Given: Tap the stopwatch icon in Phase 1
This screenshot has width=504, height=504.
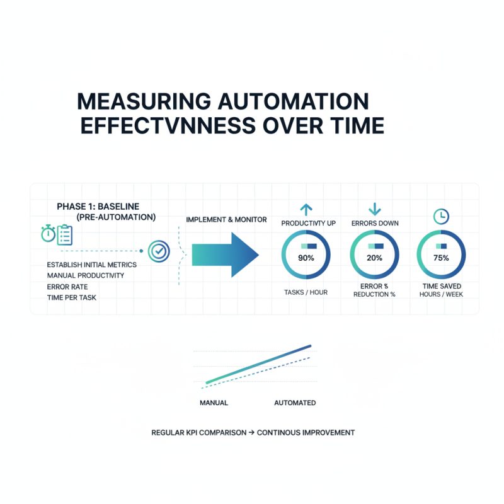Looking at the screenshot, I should (48, 234).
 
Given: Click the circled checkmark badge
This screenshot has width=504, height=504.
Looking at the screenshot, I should (158, 251).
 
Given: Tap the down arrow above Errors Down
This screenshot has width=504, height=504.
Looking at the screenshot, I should (374, 209).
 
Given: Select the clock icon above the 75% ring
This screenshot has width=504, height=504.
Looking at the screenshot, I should (441, 216).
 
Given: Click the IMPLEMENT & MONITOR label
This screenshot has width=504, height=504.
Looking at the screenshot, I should (226, 219).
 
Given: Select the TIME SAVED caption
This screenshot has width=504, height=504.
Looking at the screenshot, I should (441, 286).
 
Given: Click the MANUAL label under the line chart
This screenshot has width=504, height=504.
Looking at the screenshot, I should (214, 403).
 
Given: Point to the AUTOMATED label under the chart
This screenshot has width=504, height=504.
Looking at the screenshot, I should (295, 403).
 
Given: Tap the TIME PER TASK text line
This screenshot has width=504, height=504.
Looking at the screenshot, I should (72, 297).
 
